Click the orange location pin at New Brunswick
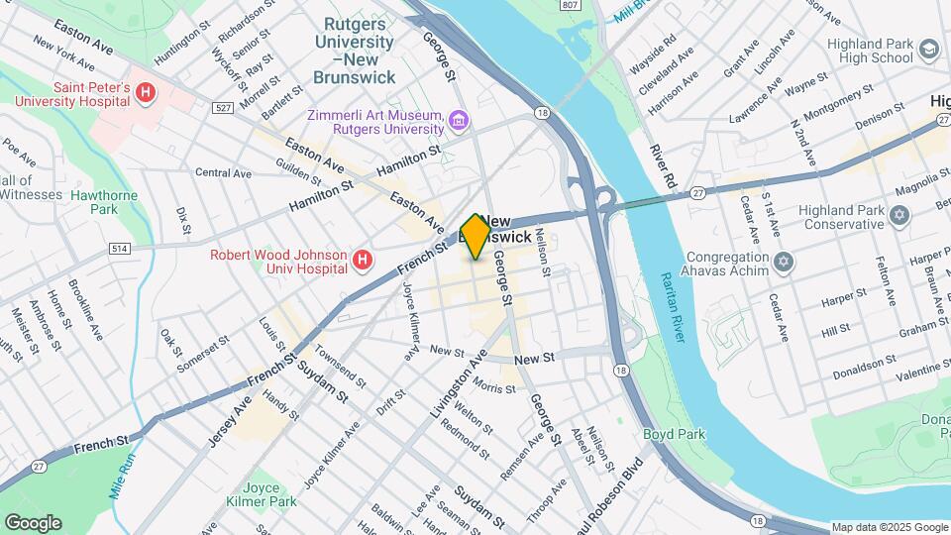[x=475, y=236]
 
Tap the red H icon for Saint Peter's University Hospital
[x=147, y=94]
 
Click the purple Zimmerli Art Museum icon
[x=458, y=122]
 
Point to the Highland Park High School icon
[x=928, y=49]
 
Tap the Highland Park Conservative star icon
[x=899, y=215]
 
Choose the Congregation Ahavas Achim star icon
[x=784, y=263]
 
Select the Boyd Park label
[x=673, y=434]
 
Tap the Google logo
[x=33, y=522]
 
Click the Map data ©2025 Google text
[x=889, y=527]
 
